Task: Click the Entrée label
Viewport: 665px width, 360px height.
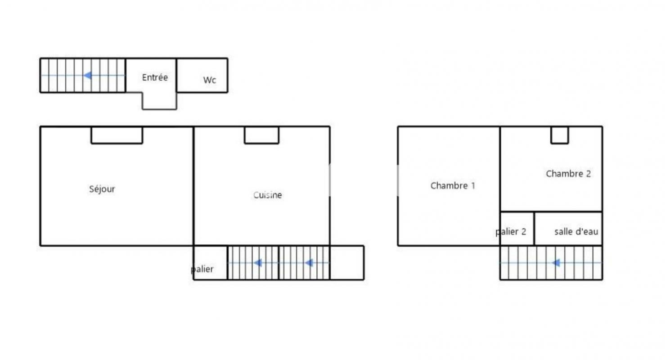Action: [155, 77]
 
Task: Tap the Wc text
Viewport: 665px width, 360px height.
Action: [209, 80]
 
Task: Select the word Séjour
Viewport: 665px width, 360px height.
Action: [102, 189]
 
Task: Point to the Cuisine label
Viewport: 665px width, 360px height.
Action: [267, 195]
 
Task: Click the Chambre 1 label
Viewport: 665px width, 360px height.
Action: [453, 186]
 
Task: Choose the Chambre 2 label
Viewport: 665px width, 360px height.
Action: [568, 174]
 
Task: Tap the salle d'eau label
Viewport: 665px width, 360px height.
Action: [576, 231]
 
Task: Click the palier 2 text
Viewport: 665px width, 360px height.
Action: [511, 232]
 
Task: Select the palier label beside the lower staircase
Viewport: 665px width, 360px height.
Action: [202, 269]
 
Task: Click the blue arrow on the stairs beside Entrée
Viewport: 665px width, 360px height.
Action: [88, 76]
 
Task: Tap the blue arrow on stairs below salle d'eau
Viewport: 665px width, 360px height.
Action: [556, 263]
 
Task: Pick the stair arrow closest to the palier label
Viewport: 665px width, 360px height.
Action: [258, 263]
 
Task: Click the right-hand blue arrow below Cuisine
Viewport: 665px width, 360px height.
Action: [309, 263]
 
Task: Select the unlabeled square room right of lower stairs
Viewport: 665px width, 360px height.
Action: [347, 263]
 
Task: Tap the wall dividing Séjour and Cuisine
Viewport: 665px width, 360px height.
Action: [193, 186]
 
